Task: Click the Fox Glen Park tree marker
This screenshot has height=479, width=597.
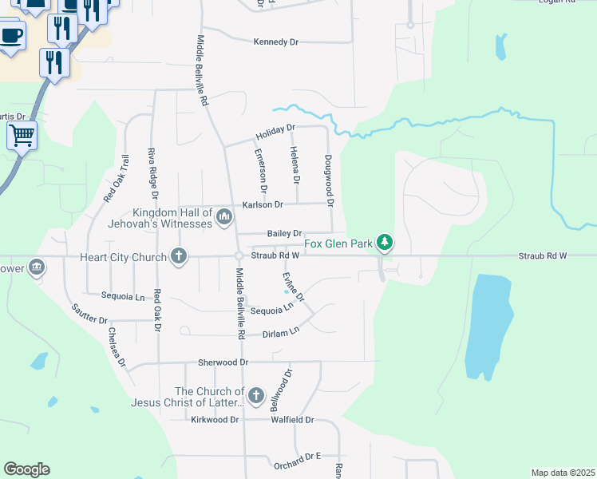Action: pyautogui.click(x=385, y=241)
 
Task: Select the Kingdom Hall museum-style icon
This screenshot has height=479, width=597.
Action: pyautogui.click(x=224, y=216)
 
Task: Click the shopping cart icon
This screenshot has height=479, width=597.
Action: pyautogui.click(x=22, y=135)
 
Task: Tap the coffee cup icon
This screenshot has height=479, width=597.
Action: pyautogui.click(x=10, y=36)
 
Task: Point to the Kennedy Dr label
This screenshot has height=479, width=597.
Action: pyautogui.click(x=275, y=42)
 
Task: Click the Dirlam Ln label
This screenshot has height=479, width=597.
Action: pyautogui.click(x=281, y=330)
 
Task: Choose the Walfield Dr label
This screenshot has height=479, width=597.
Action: pyautogui.click(x=293, y=419)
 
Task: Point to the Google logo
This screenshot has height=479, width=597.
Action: pyautogui.click(x=27, y=469)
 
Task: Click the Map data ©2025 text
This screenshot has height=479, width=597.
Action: pyautogui.click(x=562, y=473)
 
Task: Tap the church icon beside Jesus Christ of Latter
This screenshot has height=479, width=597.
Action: pyautogui.click(x=255, y=395)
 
